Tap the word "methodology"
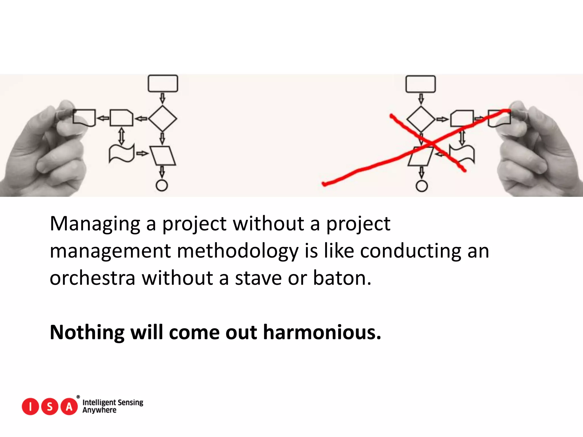click(x=238, y=251)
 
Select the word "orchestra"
click(x=92, y=278)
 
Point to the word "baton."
click(x=342, y=278)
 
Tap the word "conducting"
click(x=410, y=251)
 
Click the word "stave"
click(x=258, y=278)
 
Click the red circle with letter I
click(x=30, y=407)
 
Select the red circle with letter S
click(x=50, y=407)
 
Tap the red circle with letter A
click(x=69, y=407)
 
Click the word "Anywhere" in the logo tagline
click(x=99, y=410)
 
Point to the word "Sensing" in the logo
click(x=130, y=403)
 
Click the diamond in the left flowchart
click(x=163, y=119)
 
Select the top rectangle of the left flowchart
click(x=163, y=83)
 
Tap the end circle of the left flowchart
click(x=162, y=185)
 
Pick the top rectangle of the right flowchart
click(x=420, y=84)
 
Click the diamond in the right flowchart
click(x=421, y=119)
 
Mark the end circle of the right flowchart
click(x=422, y=186)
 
